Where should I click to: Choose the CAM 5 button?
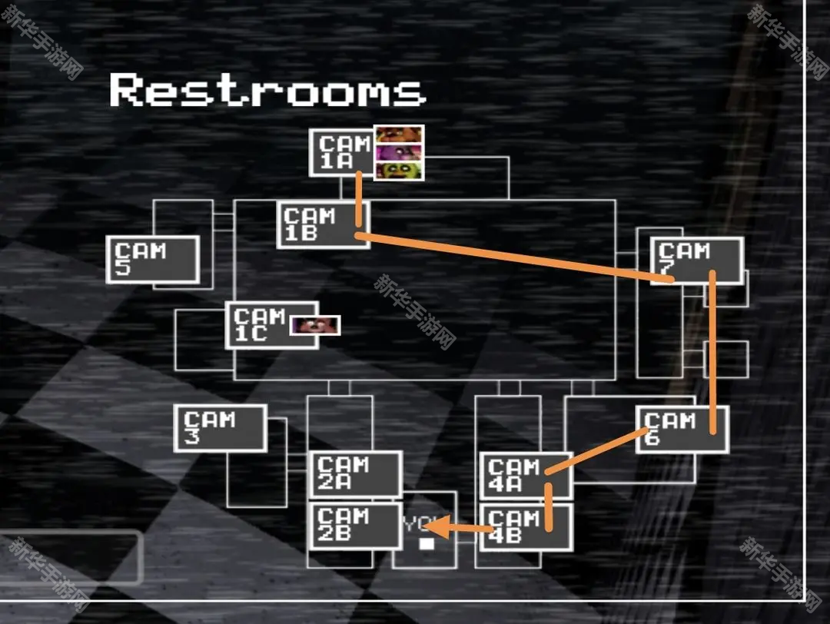click(x=152, y=260)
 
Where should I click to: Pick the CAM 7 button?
click(x=696, y=261)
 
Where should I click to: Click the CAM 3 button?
click(x=220, y=428)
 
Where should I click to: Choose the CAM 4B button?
click(x=526, y=527)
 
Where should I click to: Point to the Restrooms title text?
click(x=267, y=91)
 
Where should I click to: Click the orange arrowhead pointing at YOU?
click(x=436, y=527)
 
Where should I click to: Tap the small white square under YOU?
click(x=427, y=544)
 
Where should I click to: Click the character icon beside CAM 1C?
click(x=314, y=325)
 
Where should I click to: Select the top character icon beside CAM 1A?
click(x=399, y=134)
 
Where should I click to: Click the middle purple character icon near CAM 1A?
click(x=399, y=152)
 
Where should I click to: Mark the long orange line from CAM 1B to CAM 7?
click(x=515, y=258)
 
